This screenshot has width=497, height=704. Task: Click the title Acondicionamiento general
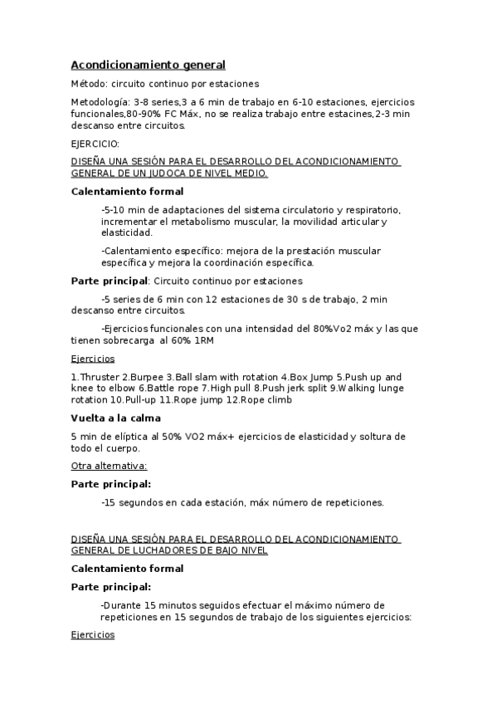(x=148, y=65)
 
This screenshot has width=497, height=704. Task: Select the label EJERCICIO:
(x=95, y=144)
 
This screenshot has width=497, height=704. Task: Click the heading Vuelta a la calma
(x=115, y=418)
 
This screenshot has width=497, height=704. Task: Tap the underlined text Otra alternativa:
(x=109, y=466)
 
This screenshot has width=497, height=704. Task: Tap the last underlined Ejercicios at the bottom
(x=93, y=635)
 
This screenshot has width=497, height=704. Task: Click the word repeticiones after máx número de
(x=353, y=502)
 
